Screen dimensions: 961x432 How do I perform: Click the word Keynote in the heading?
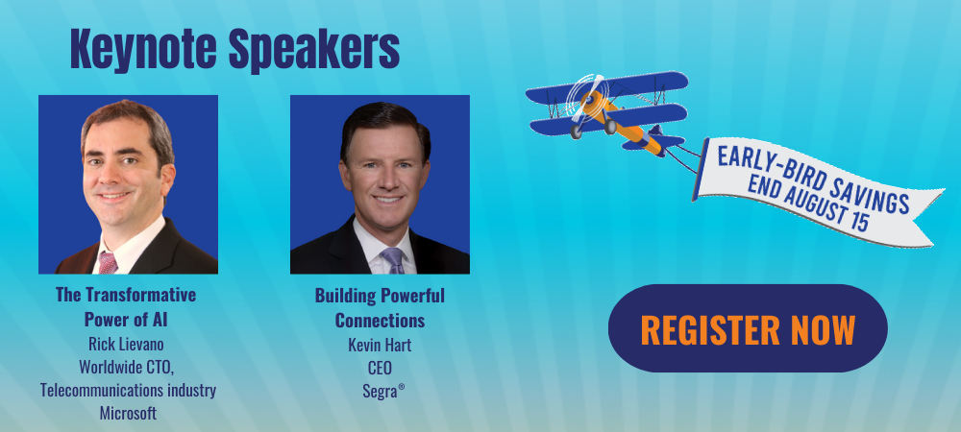[143, 50]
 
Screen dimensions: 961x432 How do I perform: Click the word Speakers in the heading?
[314, 50]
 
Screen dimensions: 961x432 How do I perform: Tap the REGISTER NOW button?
[748, 328]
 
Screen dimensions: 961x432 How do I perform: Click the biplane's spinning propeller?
[586, 99]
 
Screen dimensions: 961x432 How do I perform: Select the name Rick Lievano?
[126, 344]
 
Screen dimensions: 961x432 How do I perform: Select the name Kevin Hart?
[380, 345]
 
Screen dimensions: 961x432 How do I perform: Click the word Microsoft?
[128, 413]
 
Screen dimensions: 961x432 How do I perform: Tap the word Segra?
[381, 391]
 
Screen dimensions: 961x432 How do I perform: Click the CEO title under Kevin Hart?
[380, 368]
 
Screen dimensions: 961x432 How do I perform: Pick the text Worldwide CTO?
[127, 367]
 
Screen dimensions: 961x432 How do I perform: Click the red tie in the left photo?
[108, 263]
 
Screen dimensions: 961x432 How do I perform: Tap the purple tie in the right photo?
[393, 261]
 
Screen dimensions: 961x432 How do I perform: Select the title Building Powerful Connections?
[380, 308]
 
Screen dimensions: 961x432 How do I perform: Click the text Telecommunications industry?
[128, 390]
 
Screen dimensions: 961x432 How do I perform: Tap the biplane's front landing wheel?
[576, 132]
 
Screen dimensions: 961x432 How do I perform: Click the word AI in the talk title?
[160, 320]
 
